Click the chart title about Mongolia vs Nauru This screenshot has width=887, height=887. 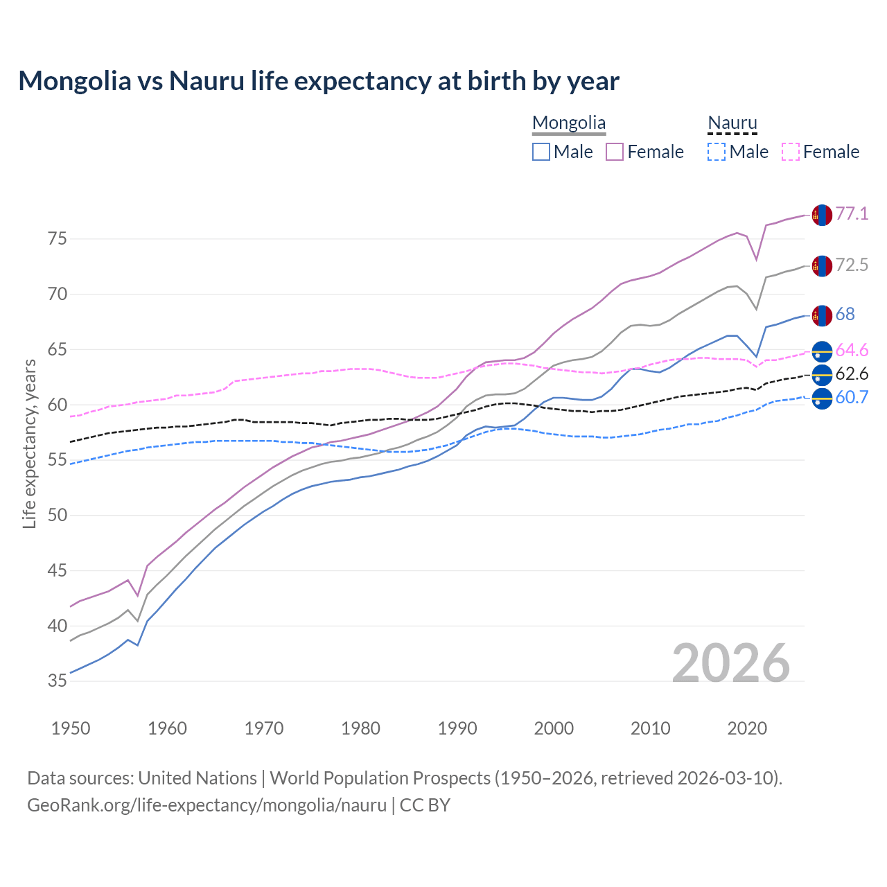tap(319, 81)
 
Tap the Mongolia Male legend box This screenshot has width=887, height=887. tap(541, 152)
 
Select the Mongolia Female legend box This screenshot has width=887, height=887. tap(615, 152)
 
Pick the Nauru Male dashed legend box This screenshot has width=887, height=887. tap(717, 152)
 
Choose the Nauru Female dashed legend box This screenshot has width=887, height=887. tap(791, 152)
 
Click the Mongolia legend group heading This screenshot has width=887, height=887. tap(569, 123)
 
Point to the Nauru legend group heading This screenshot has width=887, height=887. tap(732, 123)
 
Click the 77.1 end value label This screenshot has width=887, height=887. tap(852, 214)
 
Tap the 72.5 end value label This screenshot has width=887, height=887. tap(852, 265)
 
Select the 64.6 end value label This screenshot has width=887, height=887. tap(852, 351)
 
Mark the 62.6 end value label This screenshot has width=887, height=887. tap(852, 374)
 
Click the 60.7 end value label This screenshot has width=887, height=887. tap(852, 398)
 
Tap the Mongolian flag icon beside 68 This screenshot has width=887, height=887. tap(822, 315)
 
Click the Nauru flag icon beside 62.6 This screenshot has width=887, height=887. tap(822, 375)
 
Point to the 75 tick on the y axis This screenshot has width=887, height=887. tap(58, 239)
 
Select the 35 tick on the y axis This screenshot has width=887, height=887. tap(58, 681)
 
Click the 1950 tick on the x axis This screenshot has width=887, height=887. tap(71, 728)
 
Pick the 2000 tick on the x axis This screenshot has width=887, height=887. tap(554, 728)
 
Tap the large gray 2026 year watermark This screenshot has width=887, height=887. tap(731, 663)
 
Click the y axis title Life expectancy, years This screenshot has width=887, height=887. tap(30, 443)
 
